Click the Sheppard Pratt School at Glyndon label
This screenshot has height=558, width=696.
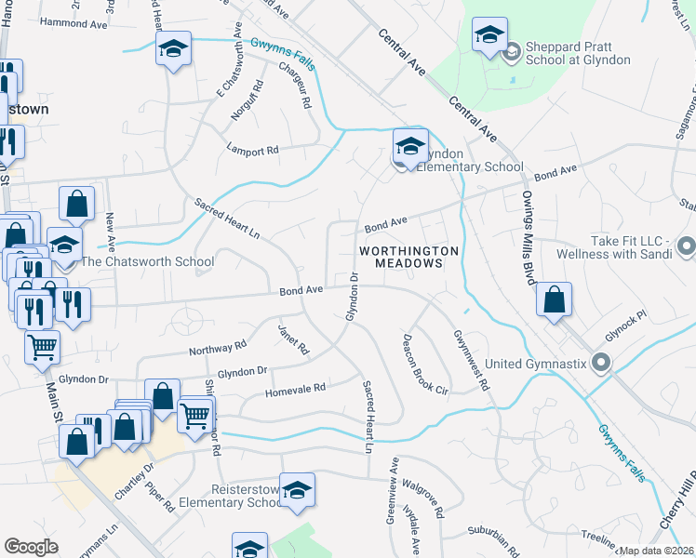tap(578, 53)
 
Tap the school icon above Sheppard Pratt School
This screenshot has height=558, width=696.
tap(489, 37)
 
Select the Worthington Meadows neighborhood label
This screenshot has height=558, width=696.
tap(410, 257)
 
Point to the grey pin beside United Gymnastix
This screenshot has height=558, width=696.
tap(601, 363)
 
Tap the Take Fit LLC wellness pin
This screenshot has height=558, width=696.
tap(687, 246)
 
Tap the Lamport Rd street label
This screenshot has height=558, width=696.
tap(253, 150)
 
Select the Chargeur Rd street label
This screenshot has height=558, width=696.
tap(293, 81)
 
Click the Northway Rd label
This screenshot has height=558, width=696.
tap(217, 349)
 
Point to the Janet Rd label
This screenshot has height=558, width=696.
tap(293, 339)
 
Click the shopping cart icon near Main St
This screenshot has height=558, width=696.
tap(42, 349)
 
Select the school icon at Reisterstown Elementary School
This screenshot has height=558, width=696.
tap(297, 491)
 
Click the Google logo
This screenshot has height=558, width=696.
tap(32, 547)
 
